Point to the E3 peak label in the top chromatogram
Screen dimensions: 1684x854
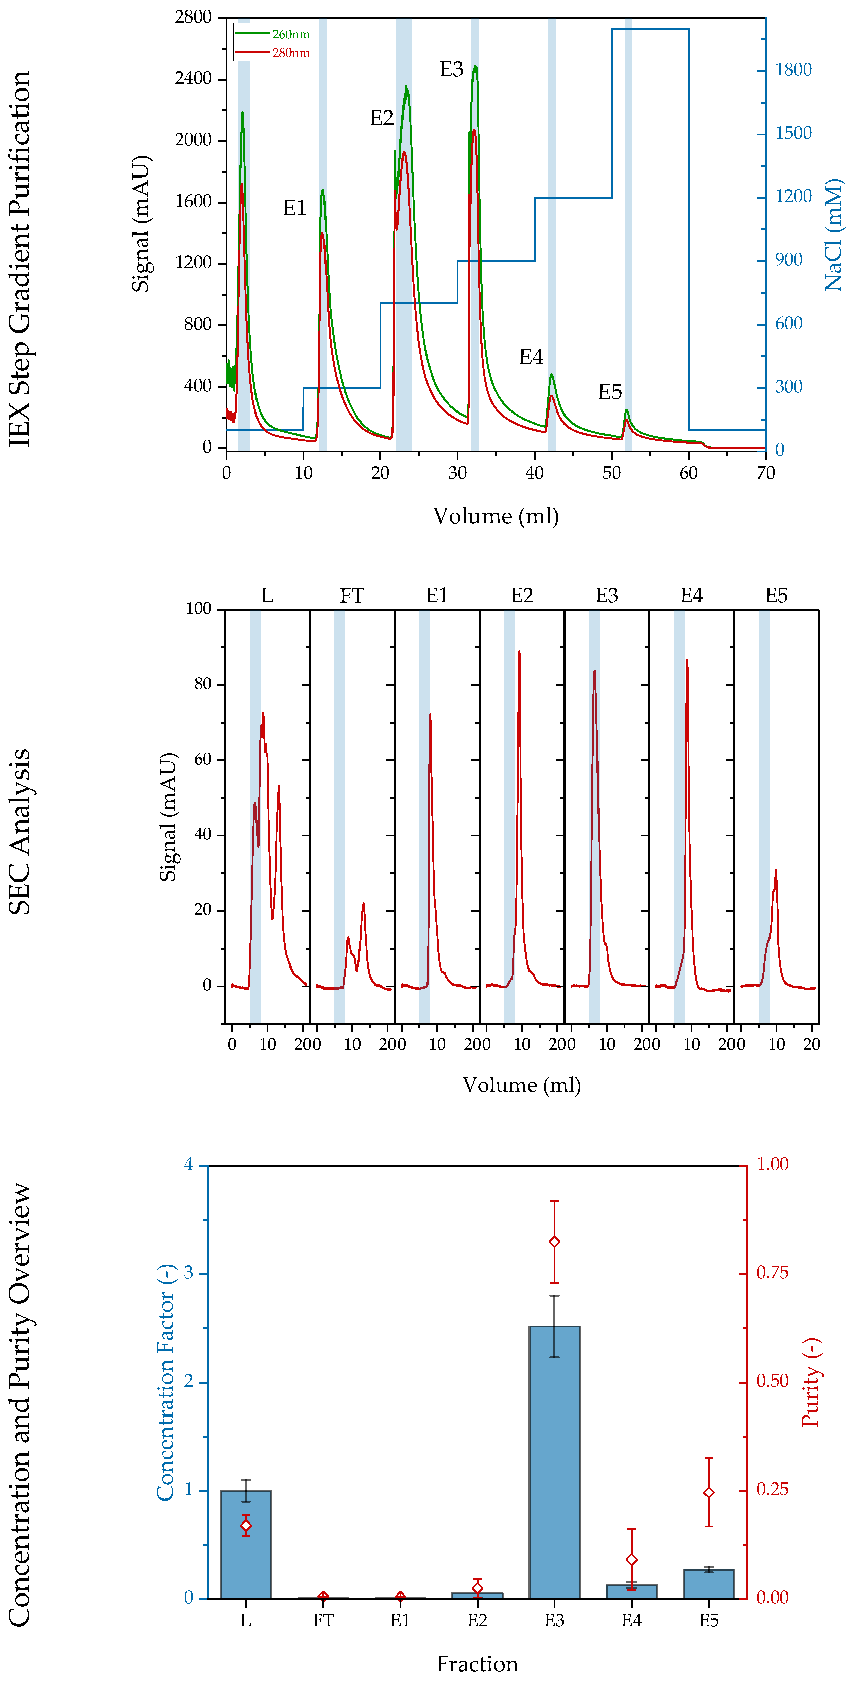(451, 69)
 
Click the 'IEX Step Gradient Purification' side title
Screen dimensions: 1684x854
(20, 258)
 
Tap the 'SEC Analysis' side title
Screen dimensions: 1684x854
(20, 831)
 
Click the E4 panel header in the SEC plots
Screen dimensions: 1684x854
(691, 596)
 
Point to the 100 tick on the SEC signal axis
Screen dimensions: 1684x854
(198, 609)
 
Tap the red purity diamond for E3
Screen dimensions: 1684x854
(554, 1242)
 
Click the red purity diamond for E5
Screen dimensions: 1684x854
(708, 1493)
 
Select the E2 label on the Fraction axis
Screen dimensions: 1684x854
(477, 1621)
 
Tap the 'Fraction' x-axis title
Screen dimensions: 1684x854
(477, 1663)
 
